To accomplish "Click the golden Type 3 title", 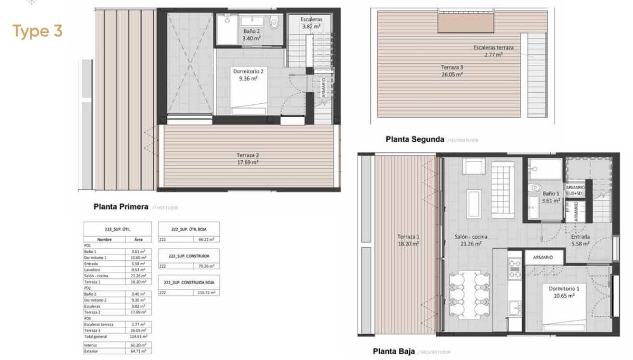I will point(37,32).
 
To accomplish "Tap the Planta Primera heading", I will point(120,207).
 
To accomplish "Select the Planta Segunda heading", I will point(415,140).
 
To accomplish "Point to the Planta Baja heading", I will point(393,352).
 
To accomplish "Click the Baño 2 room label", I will point(252,35).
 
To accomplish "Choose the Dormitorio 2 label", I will point(248,74).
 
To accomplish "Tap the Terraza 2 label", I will point(247,159).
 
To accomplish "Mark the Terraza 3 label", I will point(452,71).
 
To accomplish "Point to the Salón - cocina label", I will point(471,240).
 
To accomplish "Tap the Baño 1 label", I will point(551,197).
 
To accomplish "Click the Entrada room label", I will point(580,240).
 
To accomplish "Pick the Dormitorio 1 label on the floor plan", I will point(563,292).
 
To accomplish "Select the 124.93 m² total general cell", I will point(139,336).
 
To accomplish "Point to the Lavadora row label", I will point(91,270).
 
